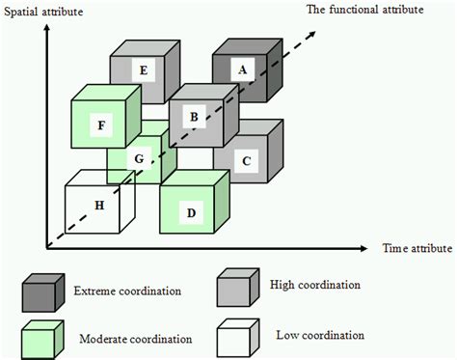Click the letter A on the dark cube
pyautogui.click(x=242, y=69)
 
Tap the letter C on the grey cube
pyautogui.click(x=247, y=161)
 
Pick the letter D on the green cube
pyautogui.click(x=192, y=210)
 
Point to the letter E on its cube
pyautogui.click(x=142, y=69)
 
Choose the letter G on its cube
pyautogui.click(x=139, y=157)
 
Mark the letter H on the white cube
pyautogui.click(x=100, y=205)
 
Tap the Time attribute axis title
pyautogui.click(x=417, y=249)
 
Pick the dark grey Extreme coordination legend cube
pyautogui.click(x=42, y=289)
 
